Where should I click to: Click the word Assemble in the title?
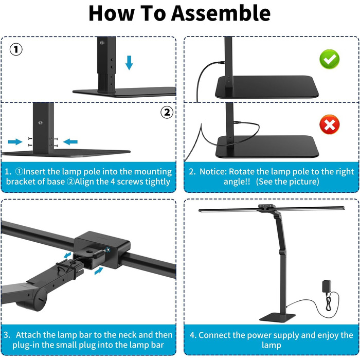pyautogui.click(x=221, y=13)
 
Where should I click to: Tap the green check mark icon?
pyautogui.click(x=330, y=59)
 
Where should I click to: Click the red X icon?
pyautogui.click(x=330, y=124)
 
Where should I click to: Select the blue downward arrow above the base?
pyautogui.click(x=129, y=62)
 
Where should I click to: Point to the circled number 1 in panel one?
pyautogui.click(x=16, y=49)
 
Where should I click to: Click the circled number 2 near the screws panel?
pyautogui.click(x=167, y=113)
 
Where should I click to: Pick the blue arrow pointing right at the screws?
pyautogui.click(x=15, y=141)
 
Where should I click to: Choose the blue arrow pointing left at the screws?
pyautogui.click(x=70, y=141)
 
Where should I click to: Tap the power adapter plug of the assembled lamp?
pyautogui.click(x=327, y=287)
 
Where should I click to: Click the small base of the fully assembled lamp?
pyautogui.click(x=277, y=317)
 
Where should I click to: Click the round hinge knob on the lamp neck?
pyautogui.click(x=40, y=299)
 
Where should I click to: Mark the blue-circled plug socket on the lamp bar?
pyautogui.click(x=107, y=249)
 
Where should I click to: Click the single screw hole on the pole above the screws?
pyautogui.click(x=41, y=122)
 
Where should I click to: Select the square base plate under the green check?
pyautogui.click(x=267, y=87)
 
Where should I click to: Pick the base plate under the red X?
pyautogui.click(x=267, y=147)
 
